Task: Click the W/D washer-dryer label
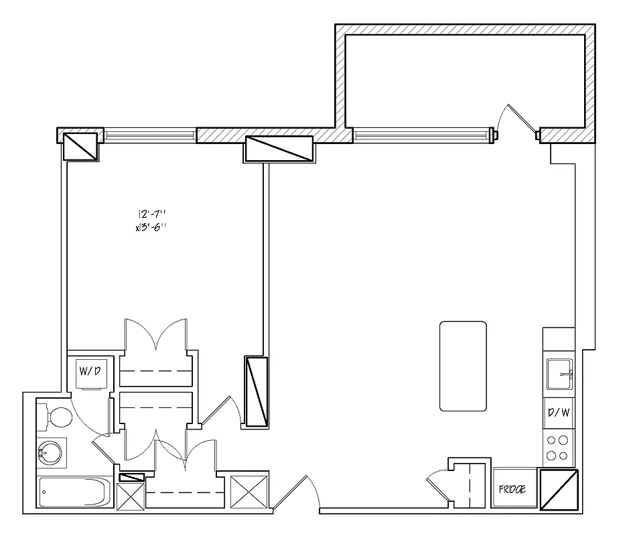pyautogui.click(x=90, y=371)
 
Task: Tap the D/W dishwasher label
pyautogui.click(x=559, y=413)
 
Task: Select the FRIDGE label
pyautogui.click(x=512, y=490)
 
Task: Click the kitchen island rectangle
pyautogui.click(x=463, y=366)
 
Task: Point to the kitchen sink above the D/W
pyautogui.click(x=559, y=374)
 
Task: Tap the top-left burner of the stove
pyautogui.click(x=553, y=441)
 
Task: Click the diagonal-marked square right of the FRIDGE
pyautogui.click(x=558, y=490)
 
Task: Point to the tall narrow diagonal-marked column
pyautogui.click(x=256, y=391)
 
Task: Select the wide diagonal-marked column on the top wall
pyautogui.click(x=279, y=149)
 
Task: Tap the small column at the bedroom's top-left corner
pyautogui.click(x=80, y=145)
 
